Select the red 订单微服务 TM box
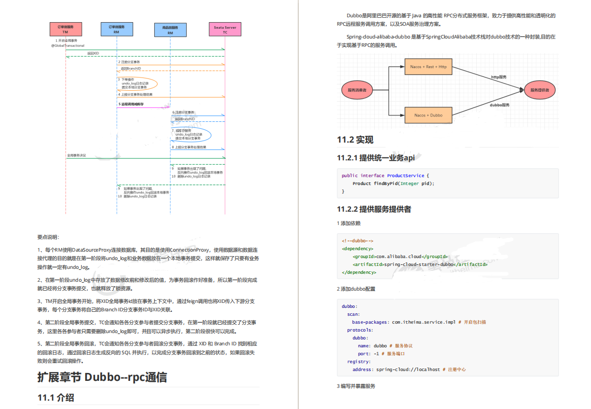tap(66, 29)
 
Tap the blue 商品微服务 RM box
tap(170, 30)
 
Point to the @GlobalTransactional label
tap(68, 45)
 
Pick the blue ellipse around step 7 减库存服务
tap(191, 135)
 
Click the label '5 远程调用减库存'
tap(131, 104)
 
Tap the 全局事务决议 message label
tap(76, 155)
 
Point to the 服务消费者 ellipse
tap(357, 90)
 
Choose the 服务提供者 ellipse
tap(539, 90)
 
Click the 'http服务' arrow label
tap(498, 77)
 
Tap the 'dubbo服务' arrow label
tap(499, 105)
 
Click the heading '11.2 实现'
tap(355, 140)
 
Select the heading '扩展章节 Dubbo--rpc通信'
tap(102, 377)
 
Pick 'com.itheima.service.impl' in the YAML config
tap(424, 322)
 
